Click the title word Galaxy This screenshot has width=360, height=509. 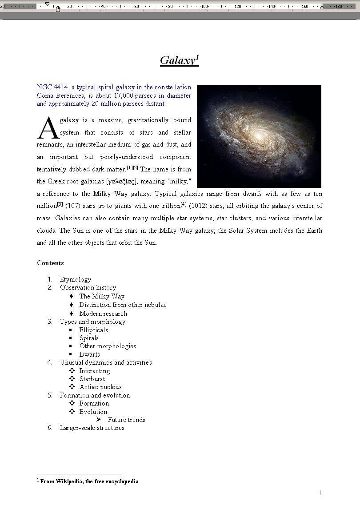click(x=177, y=60)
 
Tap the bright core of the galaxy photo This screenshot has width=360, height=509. click(x=257, y=133)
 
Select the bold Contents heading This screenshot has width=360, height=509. click(x=50, y=263)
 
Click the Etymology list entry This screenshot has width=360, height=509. click(x=76, y=279)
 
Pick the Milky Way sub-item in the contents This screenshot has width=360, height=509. click(x=102, y=296)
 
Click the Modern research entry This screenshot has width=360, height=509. click(x=103, y=314)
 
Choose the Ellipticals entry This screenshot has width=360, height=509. click(x=93, y=330)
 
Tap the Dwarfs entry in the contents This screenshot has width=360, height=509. click(x=89, y=354)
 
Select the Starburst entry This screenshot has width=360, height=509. click(x=92, y=379)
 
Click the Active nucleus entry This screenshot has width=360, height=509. click(x=100, y=387)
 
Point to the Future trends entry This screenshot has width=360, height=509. click(x=126, y=420)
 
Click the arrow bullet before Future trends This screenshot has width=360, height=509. click(x=98, y=419)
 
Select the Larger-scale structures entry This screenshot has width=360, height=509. click(x=92, y=428)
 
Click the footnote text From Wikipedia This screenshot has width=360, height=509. click(x=89, y=481)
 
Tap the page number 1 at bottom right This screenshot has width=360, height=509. click(x=320, y=493)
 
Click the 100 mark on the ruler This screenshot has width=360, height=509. click(x=204, y=6)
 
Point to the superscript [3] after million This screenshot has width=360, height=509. click(x=60, y=204)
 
